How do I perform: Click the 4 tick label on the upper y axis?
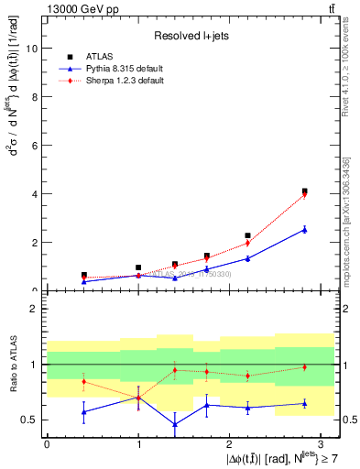[36, 194]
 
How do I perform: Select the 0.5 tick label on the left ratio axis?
[29, 420]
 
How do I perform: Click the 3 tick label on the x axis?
[322, 444]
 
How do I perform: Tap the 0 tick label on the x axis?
[47, 444]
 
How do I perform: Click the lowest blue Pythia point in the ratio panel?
[174, 424]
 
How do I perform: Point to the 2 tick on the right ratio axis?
[341, 309]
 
